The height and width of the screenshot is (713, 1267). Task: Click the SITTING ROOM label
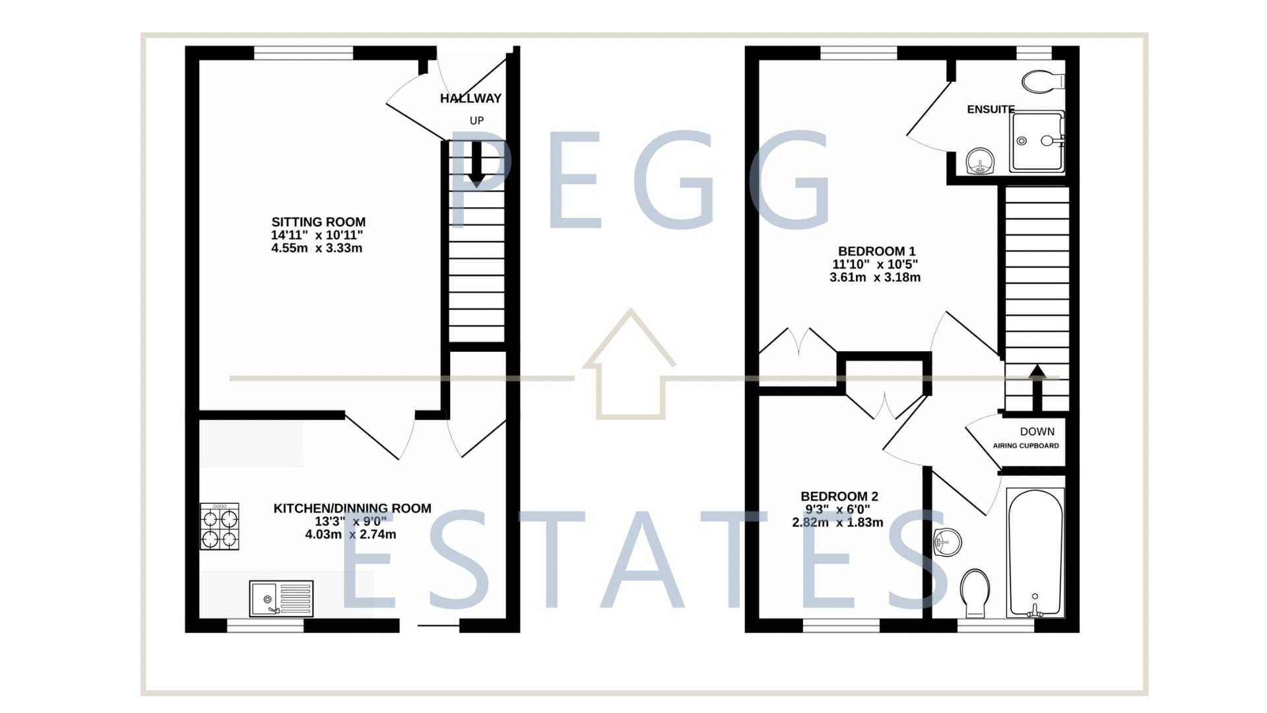pos(318,222)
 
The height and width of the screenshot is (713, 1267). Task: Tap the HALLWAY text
pos(471,99)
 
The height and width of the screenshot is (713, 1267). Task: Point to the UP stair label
pos(476,121)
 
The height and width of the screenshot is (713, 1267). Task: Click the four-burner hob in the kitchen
pos(220,526)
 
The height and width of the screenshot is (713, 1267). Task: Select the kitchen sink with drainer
pos(281,599)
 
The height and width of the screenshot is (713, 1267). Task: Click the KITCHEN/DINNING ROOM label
pos(352,508)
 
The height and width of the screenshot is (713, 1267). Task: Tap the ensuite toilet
pos(1043,82)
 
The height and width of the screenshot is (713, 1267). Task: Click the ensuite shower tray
pos(1036,141)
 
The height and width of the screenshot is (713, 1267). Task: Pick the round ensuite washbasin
pos(980,161)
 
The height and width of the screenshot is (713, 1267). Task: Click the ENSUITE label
pos(991,110)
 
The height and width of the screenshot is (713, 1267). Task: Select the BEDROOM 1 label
pos(876,252)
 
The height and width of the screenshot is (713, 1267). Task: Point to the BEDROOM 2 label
pos(839,496)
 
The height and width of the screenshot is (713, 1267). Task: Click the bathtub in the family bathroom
pos(1035,552)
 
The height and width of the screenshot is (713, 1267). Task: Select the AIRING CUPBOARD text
pos(1025,446)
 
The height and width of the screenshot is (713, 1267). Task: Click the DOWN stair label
pos(1037,432)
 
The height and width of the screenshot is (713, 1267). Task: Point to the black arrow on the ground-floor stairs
pos(476,165)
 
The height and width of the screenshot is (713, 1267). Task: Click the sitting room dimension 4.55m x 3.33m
pos(317,249)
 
